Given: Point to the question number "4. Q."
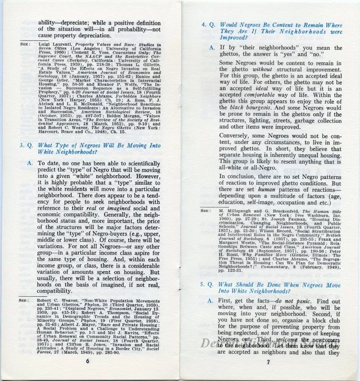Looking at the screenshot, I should click(208, 25).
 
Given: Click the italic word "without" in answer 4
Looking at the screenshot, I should click(262, 70).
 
